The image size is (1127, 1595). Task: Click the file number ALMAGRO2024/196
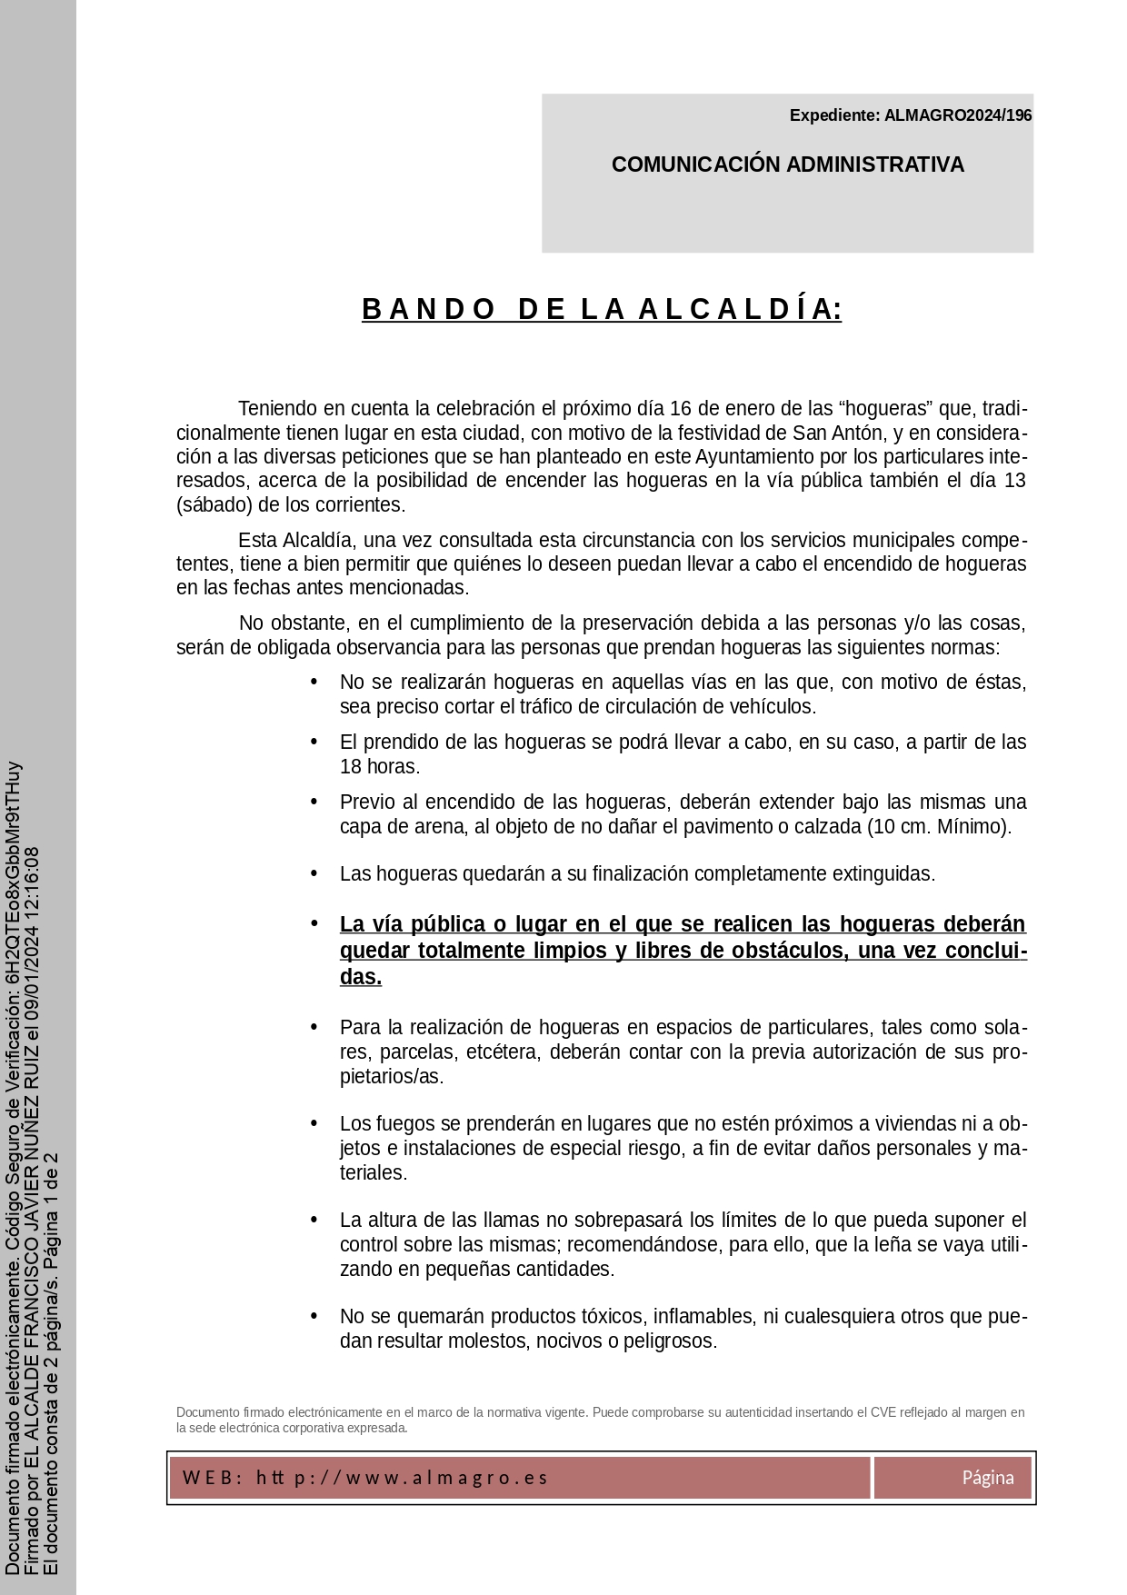click(x=958, y=115)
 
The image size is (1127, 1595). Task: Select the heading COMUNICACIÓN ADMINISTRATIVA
click(x=787, y=164)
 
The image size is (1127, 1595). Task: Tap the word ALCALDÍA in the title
click(x=739, y=310)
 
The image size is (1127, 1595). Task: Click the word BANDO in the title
click(x=428, y=310)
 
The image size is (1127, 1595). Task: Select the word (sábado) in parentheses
click(x=214, y=504)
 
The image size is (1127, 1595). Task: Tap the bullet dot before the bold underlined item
click(x=314, y=922)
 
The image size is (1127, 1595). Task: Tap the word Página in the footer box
click(x=988, y=1477)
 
